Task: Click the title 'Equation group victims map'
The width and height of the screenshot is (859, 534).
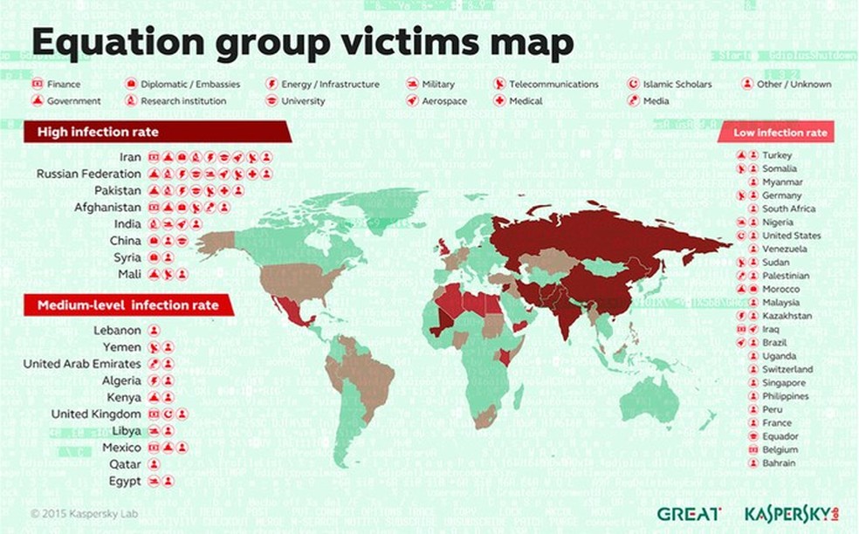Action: (302, 42)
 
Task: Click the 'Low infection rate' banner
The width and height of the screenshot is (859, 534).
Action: (780, 133)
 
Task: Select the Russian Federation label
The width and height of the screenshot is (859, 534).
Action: (88, 174)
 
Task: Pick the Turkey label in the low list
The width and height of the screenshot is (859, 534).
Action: (776, 155)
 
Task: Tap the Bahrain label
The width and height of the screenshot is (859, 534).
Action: (778, 463)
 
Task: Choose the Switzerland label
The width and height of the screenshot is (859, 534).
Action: (787, 369)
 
